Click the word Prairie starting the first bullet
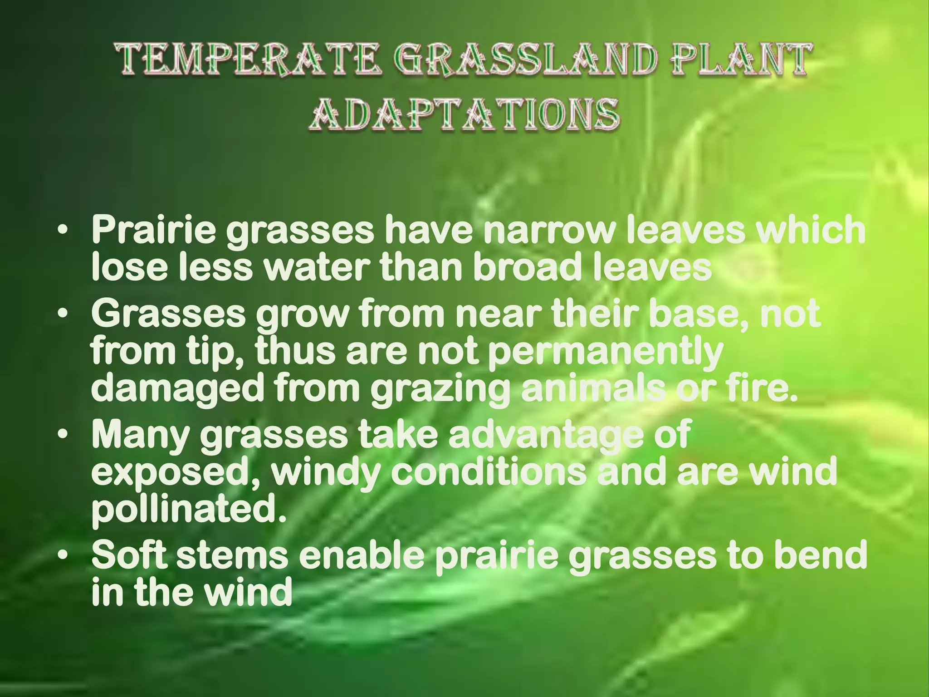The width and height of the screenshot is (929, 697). point(155,231)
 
